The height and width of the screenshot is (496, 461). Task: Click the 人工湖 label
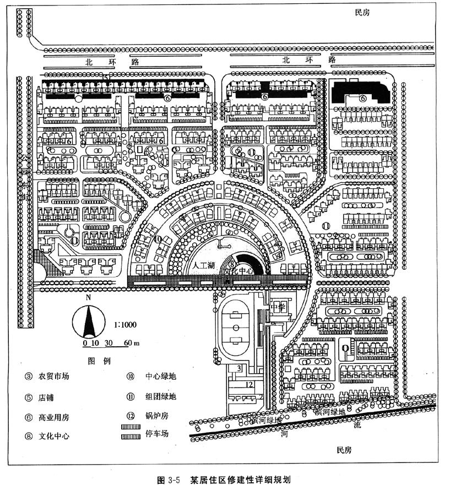204,265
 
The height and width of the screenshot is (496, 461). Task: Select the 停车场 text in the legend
157,433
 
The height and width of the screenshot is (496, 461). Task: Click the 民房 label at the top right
362,12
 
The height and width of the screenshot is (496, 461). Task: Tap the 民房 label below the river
344,451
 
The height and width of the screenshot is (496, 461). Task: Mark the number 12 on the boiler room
250,384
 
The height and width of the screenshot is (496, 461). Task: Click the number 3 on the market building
239,368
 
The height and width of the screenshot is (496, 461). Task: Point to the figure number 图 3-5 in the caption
169,479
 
